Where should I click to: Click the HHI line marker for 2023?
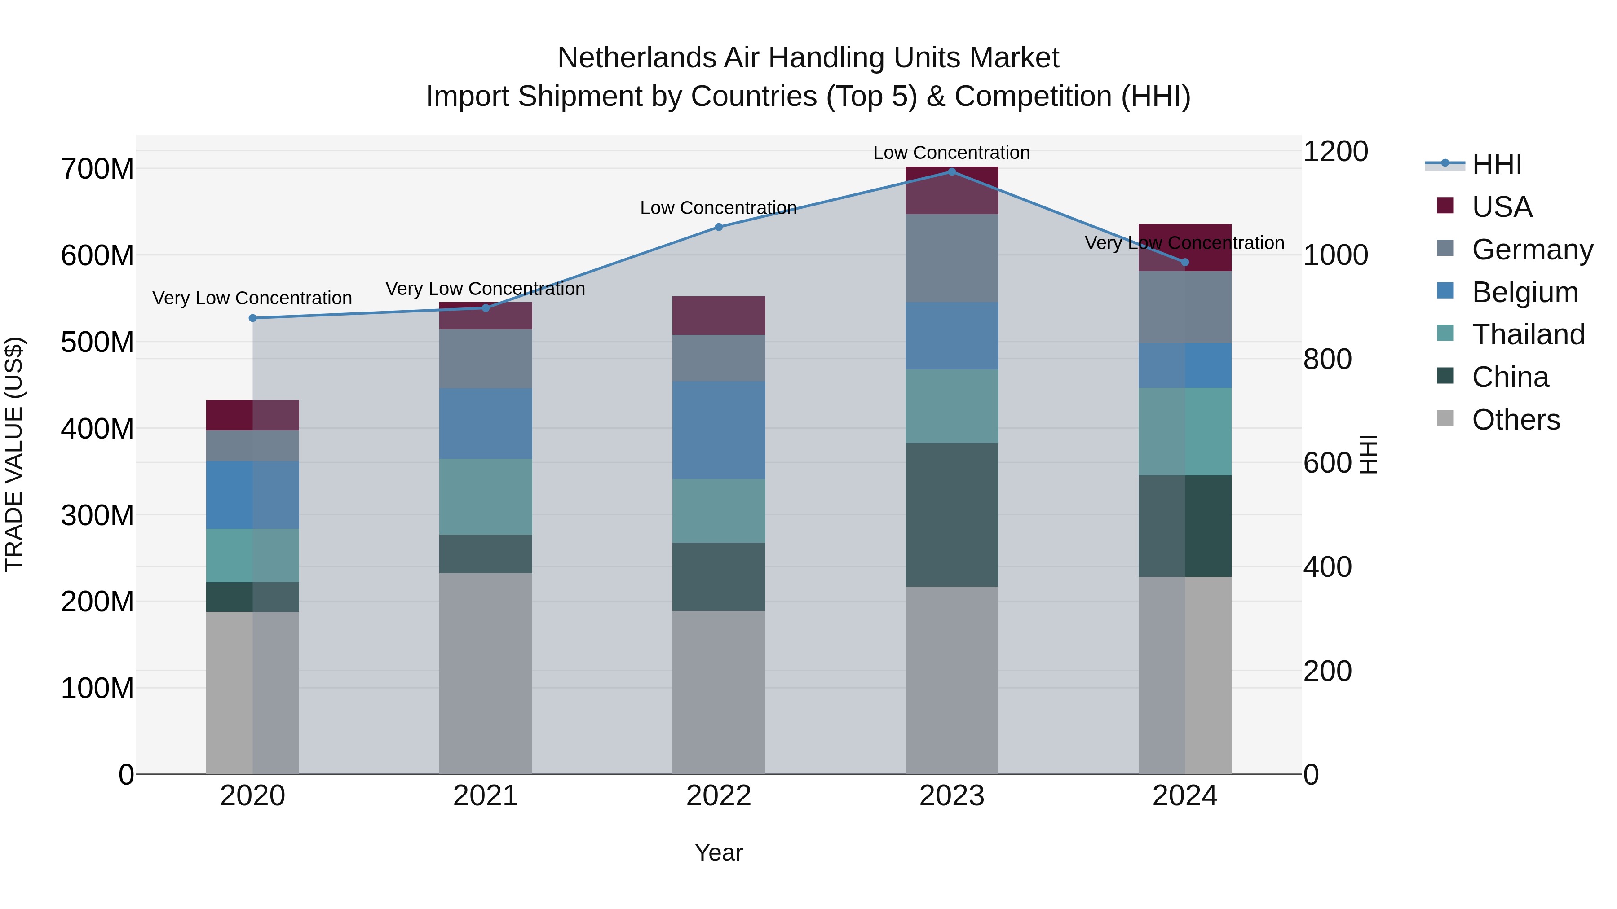tap(952, 172)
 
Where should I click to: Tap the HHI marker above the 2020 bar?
tap(253, 318)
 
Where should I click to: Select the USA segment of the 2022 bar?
tap(719, 316)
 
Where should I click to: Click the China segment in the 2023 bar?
tap(952, 514)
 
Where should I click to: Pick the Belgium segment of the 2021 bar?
tap(485, 423)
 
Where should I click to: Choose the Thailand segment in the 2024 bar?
tap(1184, 431)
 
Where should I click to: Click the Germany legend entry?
tap(1532, 250)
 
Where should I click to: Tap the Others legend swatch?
tap(1445, 418)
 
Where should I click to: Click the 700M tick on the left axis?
tap(97, 169)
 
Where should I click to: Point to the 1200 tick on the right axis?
tap(1336, 151)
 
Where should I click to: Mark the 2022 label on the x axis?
tap(719, 796)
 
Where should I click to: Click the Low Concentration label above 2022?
tap(718, 208)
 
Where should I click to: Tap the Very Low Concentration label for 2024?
tap(1184, 243)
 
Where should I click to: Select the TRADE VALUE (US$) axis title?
tap(14, 454)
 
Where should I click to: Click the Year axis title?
tap(719, 852)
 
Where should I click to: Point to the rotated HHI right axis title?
tap(1368, 454)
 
